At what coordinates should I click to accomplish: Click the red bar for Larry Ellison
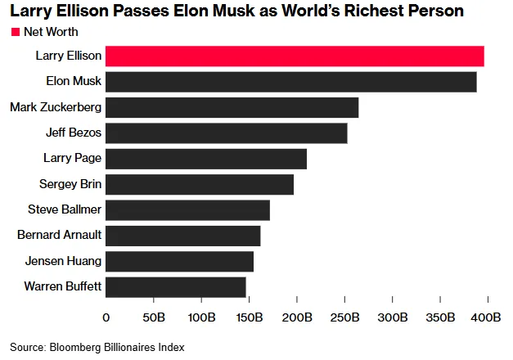(295, 56)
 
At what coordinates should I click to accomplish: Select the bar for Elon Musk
(291, 82)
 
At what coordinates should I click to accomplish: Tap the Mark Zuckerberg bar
(232, 107)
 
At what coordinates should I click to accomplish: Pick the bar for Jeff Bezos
(227, 133)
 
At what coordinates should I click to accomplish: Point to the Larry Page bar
(206, 159)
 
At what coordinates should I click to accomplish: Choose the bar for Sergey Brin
(200, 185)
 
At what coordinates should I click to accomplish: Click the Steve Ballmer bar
(188, 210)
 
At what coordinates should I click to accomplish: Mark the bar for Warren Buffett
(176, 287)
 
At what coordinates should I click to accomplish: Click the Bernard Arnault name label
(59, 235)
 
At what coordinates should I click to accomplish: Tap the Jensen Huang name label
(63, 262)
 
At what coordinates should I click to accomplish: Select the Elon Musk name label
(74, 81)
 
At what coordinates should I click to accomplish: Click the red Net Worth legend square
(16, 32)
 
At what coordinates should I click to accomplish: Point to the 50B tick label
(154, 317)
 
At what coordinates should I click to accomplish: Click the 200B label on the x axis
(297, 317)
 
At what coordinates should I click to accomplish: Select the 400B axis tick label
(486, 317)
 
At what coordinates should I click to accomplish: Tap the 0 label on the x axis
(106, 317)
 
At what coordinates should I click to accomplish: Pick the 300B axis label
(393, 317)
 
